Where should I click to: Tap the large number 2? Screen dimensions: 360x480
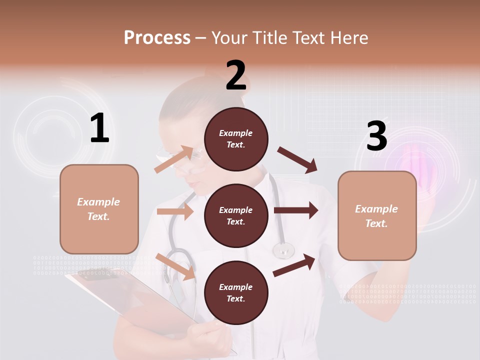pyautogui.click(x=236, y=75)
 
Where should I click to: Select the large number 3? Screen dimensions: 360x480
pyautogui.click(x=377, y=136)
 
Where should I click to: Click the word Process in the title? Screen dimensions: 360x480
pyautogui.click(x=157, y=37)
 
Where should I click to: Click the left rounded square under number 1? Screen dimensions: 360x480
pyautogui.click(x=99, y=209)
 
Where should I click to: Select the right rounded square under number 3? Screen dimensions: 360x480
pyautogui.click(x=377, y=216)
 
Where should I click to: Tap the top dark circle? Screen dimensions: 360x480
pyautogui.click(x=236, y=138)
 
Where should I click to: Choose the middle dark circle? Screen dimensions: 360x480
pyautogui.click(x=236, y=215)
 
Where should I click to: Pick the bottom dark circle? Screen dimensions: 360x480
pyautogui.click(x=236, y=292)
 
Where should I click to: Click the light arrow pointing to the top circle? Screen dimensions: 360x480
pyautogui.click(x=174, y=159)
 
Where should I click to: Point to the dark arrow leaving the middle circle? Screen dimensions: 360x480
pyautogui.click(x=295, y=210)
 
